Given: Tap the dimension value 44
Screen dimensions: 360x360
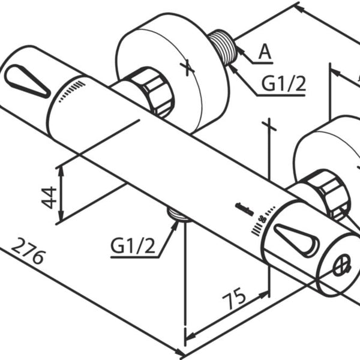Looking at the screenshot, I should point(50,196).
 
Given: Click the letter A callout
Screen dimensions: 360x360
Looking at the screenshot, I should point(265,53).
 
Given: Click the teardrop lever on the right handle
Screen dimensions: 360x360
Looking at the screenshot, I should point(296,239).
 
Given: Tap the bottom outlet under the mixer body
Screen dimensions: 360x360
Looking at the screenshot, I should point(178,214).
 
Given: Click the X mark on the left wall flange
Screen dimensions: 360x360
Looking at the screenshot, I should point(188,67).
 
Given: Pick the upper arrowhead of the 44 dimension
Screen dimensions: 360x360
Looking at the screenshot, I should point(61,170).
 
